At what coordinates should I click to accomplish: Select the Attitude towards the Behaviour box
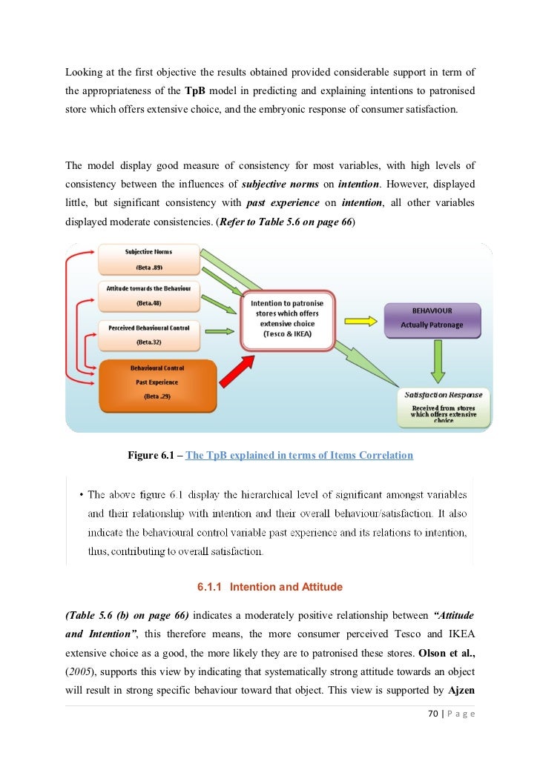[148, 295]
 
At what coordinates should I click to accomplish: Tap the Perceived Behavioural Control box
[148, 335]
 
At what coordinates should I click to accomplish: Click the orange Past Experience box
[157, 383]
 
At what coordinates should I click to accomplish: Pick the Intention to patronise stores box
[288, 319]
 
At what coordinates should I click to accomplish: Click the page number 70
[435, 714]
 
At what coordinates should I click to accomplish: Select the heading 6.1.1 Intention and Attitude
[269, 587]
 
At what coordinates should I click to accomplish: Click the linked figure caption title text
[299, 455]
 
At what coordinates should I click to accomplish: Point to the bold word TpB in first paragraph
[194, 93]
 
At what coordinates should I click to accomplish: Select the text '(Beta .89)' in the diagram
[148, 268]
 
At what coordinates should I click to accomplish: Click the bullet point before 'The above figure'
[79, 494]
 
